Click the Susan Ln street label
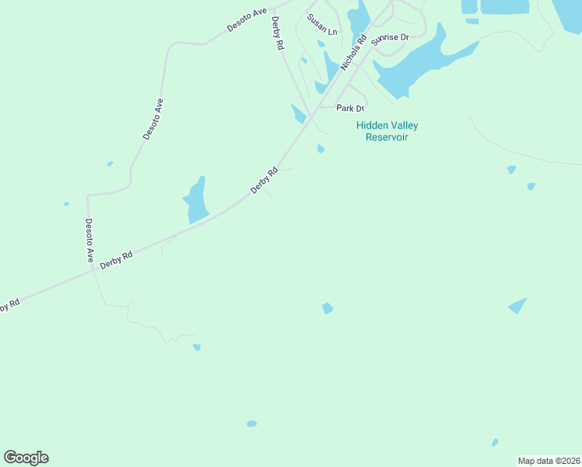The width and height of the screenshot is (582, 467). coord(321,25)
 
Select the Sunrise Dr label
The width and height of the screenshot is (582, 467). coord(389,38)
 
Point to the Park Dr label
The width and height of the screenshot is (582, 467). coord(350,108)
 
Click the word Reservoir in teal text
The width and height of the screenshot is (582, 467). coord(387,137)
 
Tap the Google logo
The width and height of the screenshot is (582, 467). coord(26,458)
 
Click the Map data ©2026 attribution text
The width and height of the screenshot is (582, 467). coord(549,461)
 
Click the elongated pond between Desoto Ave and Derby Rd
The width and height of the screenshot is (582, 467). coord(196,200)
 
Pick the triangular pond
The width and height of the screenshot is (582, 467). coord(517,306)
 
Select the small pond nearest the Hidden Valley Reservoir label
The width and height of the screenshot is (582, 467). coord(321,149)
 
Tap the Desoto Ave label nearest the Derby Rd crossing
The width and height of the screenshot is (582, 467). coord(89,240)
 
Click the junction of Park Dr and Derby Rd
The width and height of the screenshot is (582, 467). coord(318,108)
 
